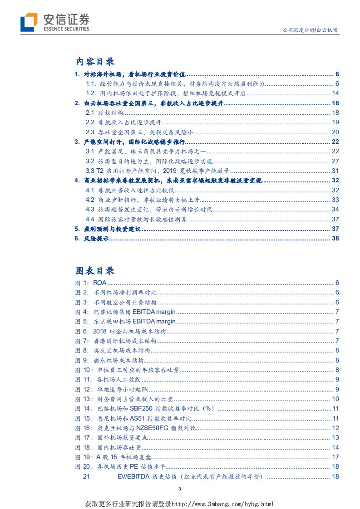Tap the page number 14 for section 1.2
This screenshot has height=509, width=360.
click(x=335, y=93)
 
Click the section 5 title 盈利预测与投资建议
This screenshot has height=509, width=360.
click(x=113, y=229)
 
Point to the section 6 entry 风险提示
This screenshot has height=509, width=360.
click(x=97, y=239)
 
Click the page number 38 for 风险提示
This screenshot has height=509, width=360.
click(x=335, y=239)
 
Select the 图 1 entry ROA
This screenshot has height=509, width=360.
click(x=99, y=283)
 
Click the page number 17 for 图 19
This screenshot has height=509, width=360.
click(x=335, y=457)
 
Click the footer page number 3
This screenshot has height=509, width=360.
click(x=180, y=489)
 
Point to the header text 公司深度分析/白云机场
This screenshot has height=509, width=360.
click(x=310, y=30)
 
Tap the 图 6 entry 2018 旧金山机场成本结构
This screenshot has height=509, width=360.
click(x=129, y=331)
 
